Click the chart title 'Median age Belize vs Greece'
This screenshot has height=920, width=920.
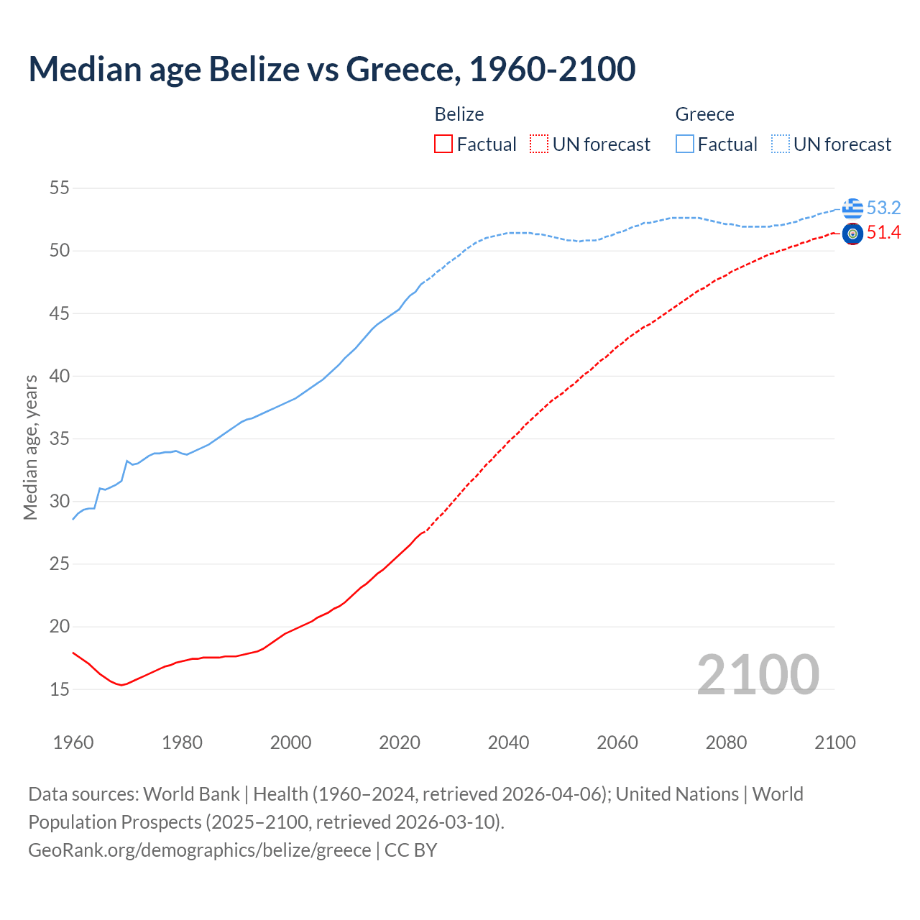[x=331, y=69]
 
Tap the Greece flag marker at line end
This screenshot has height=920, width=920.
[x=852, y=208]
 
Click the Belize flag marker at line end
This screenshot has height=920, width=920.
[x=852, y=234]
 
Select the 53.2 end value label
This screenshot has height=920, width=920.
[x=883, y=208]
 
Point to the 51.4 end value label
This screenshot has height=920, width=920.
[x=883, y=233]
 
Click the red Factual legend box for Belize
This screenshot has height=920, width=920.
[x=443, y=144]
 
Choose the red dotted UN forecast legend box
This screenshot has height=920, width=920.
[x=539, y=144]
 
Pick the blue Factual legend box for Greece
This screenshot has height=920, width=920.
[x=685, y=144]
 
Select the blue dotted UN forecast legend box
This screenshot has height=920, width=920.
[x=781, y=144]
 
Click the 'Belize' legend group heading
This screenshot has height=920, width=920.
[x=459, y=114]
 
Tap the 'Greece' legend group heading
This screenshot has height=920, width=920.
[x=704, y=114]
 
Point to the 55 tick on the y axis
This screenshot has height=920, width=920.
[x=60, y=188]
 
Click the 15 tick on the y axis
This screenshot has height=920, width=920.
[x=60, y=689]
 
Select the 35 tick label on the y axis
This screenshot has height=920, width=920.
[x=60, y=438]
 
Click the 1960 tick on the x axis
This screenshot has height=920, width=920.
[x=73, y=742]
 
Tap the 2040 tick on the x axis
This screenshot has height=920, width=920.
[x=508, y=742]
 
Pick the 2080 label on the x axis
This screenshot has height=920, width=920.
[x=726, y=742]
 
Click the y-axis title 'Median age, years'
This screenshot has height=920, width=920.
[x=30, y=447]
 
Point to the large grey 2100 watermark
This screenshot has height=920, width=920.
[x=758, y=674]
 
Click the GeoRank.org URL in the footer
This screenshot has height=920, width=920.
[x=200, y=850]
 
